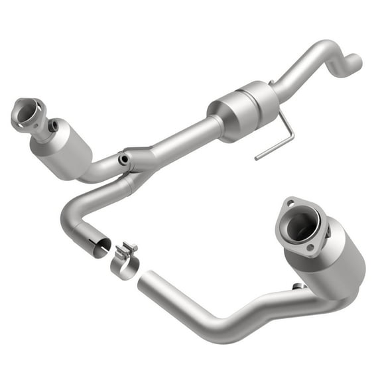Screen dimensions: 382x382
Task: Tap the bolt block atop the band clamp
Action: (127, 251)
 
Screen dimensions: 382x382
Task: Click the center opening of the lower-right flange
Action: (301, 226)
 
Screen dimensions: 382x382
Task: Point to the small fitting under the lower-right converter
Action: (298, 286)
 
